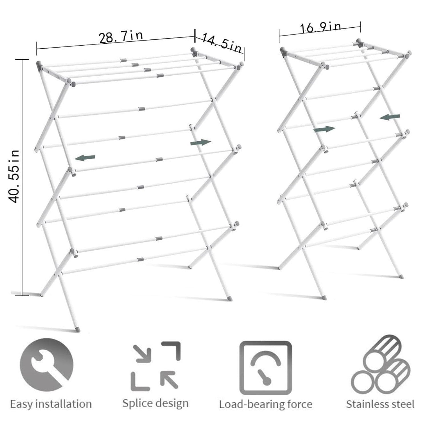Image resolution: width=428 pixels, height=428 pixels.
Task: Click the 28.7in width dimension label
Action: point(120,37)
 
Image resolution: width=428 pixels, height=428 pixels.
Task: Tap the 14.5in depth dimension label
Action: point(222,43)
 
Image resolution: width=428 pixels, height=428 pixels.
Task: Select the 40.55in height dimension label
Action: point(14,176)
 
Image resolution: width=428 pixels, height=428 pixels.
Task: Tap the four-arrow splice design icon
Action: point(156,366)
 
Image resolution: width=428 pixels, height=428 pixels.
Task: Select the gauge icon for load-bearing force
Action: point(265,366)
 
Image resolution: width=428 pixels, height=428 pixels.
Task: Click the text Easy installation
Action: point(51,404)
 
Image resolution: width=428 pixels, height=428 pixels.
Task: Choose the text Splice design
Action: point(156,403)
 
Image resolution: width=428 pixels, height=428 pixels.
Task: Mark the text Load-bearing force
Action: point(265,404)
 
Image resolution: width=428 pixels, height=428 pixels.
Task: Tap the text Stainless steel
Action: point(380,404)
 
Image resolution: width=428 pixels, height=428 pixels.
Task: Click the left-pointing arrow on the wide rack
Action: point(85,158)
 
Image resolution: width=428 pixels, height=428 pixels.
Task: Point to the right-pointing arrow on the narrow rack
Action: point(324,129)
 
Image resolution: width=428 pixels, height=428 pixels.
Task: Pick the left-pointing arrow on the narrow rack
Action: point(390,117)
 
